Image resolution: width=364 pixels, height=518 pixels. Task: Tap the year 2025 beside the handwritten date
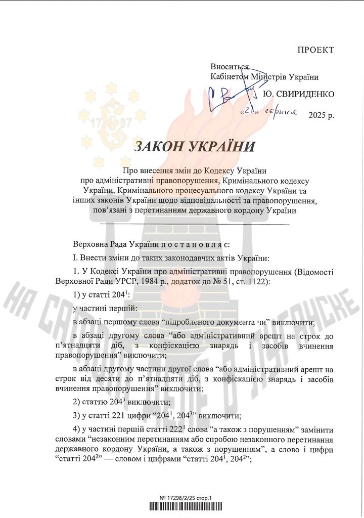pyautogui.click(x=318, y=115)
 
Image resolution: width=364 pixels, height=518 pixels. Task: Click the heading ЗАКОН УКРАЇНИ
pyautogui.click(x=195, y=147)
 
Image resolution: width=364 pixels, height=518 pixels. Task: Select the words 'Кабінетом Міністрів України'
pyautogui.click(x=264, y=76)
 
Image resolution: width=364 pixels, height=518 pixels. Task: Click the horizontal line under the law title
pyautogui.click(x=195, y=224)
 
